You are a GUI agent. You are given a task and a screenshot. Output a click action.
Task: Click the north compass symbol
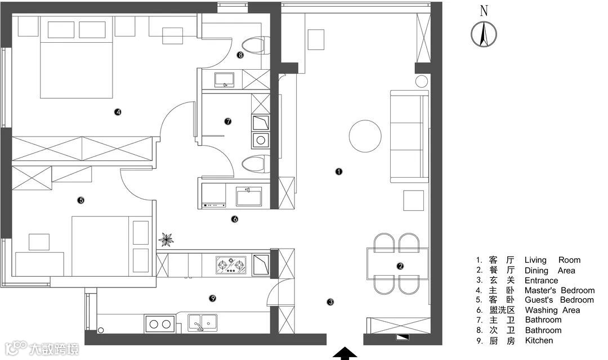[484, 34]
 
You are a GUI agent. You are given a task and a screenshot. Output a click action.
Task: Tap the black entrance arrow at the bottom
[345, 354]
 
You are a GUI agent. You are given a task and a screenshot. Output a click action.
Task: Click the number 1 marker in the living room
[339, 171]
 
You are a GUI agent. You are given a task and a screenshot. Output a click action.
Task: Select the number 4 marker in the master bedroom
[118, 112]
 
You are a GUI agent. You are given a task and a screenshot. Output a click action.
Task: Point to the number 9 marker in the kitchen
[212, 298]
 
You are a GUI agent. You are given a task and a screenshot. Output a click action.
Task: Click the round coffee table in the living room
[365, 136]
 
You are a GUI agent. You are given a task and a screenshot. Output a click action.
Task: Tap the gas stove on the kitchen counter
[231, 265]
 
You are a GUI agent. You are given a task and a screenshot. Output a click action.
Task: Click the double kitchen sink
[203, 322]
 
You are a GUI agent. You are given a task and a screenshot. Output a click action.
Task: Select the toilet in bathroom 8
[255, 45]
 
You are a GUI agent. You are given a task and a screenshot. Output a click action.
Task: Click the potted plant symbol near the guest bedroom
[166, 240]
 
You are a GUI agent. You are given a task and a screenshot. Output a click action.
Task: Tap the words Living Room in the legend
[552, 260]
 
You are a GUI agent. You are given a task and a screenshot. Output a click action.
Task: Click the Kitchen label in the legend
[539, 341]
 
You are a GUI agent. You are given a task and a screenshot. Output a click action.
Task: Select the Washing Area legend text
[552, 310]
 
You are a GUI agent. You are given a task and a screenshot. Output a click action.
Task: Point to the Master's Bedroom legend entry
[560, 290]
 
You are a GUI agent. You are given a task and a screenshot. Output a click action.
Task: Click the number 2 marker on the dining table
[400, 266]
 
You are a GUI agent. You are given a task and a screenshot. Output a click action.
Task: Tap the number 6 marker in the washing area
[235, 219]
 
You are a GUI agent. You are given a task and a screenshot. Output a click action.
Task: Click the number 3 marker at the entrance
[330, 302]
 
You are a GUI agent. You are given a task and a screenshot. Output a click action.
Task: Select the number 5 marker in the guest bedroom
[81, 200]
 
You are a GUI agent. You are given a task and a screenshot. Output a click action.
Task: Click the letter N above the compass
[484, 11]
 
